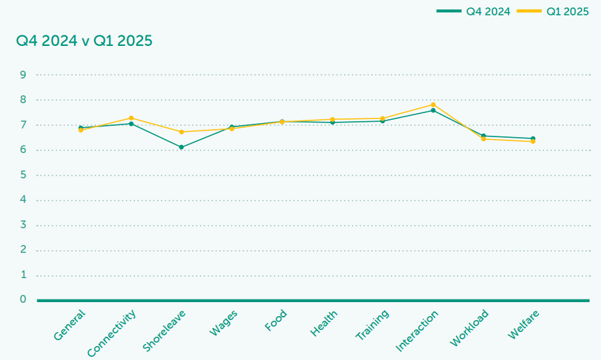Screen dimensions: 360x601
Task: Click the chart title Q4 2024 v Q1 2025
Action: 85,41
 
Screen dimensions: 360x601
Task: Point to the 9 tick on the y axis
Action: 23,75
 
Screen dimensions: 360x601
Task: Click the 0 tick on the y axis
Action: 23,299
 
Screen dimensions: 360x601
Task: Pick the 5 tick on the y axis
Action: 23,175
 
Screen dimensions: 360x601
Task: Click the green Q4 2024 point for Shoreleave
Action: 181,147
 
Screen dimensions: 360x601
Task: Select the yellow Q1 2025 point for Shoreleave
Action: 181,132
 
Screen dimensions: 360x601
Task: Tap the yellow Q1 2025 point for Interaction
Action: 433,104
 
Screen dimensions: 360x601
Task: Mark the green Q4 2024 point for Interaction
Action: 433,110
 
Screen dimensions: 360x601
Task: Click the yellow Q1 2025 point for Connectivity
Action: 131,118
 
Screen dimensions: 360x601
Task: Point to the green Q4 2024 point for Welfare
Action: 533,138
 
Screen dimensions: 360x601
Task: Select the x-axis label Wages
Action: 224,323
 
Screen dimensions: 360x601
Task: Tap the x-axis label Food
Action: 276,321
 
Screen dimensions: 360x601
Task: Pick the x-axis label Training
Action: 373,325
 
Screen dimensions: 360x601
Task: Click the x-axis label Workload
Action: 470,327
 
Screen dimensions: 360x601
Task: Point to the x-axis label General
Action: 70,325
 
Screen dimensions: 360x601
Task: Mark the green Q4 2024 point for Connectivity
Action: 131,124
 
